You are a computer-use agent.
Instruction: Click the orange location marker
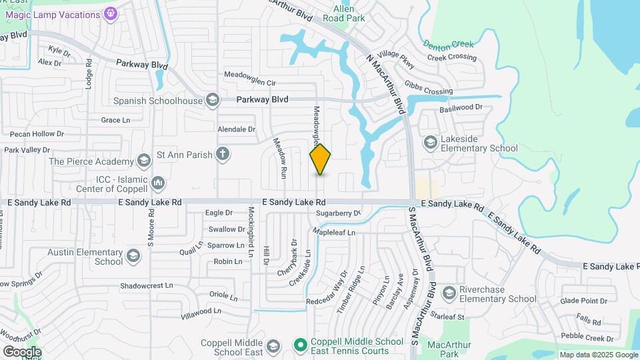[321, 159]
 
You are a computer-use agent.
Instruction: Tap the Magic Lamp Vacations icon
[111, 13]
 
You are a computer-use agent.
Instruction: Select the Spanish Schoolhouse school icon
[212, 101]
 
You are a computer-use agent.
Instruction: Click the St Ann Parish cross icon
[223, 155]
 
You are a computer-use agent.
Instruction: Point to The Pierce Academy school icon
[143, 160]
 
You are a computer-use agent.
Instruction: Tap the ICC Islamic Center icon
[158, 182]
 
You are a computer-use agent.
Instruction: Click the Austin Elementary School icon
[133, 257]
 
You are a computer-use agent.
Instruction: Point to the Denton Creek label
[449, 44]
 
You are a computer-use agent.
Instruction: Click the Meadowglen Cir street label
[250, 83]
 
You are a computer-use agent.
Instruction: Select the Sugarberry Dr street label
[337, 213]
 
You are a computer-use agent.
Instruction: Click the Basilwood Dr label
[460, 107]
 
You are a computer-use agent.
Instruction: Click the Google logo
[21, 352]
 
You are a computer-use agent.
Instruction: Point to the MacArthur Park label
[449, 349]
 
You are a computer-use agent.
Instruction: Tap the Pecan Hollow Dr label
[33, 134]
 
